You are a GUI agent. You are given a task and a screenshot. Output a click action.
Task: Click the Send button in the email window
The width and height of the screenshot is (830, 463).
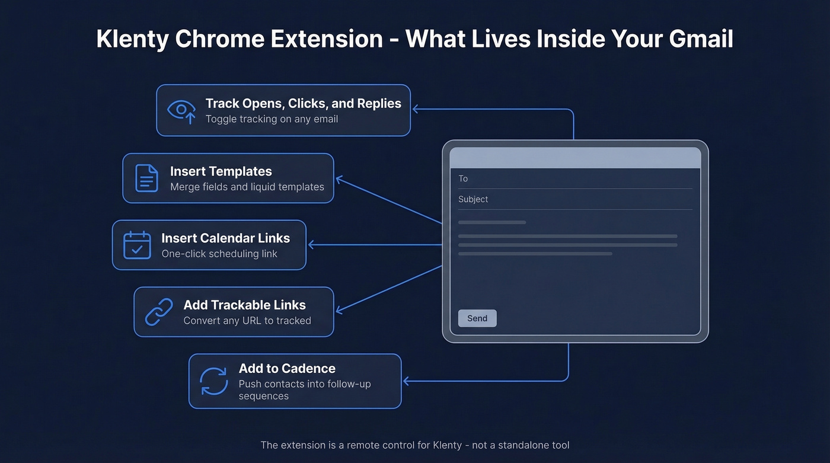(477, 318)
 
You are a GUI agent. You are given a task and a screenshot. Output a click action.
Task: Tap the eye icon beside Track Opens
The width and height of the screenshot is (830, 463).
(181, 110)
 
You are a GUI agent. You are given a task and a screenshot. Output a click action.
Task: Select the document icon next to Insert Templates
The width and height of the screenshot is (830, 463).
(146, 178)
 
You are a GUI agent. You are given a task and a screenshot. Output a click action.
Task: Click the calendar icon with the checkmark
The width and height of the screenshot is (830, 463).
(137, 245)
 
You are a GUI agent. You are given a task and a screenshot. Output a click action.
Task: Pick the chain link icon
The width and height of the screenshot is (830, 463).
(159, 312)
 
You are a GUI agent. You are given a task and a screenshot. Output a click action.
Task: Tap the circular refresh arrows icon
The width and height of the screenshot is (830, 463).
(213, 381)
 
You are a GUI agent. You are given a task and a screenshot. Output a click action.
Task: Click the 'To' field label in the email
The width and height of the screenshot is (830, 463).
(463, 178)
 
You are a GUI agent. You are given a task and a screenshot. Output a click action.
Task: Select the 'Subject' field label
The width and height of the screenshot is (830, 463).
(473, 199)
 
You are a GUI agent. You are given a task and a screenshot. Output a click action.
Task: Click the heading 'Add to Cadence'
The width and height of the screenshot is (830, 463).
(287, 368)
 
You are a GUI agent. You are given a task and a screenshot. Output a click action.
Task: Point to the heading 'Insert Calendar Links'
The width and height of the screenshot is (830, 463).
(225, 238)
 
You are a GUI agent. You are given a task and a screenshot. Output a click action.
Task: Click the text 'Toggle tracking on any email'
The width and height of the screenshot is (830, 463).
(272, 119)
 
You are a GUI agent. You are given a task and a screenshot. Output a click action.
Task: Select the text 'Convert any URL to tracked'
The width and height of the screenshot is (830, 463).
(247, 321)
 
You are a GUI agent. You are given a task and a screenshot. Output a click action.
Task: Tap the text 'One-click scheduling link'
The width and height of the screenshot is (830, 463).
(219, 254)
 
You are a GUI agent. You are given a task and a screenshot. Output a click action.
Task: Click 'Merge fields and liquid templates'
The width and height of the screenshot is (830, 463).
(247, 187)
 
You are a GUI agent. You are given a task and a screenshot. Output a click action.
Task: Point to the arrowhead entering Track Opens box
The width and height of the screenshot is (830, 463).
(416, 109)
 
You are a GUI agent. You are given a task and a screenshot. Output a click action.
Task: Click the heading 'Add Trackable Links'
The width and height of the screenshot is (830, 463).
(244, 305)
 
